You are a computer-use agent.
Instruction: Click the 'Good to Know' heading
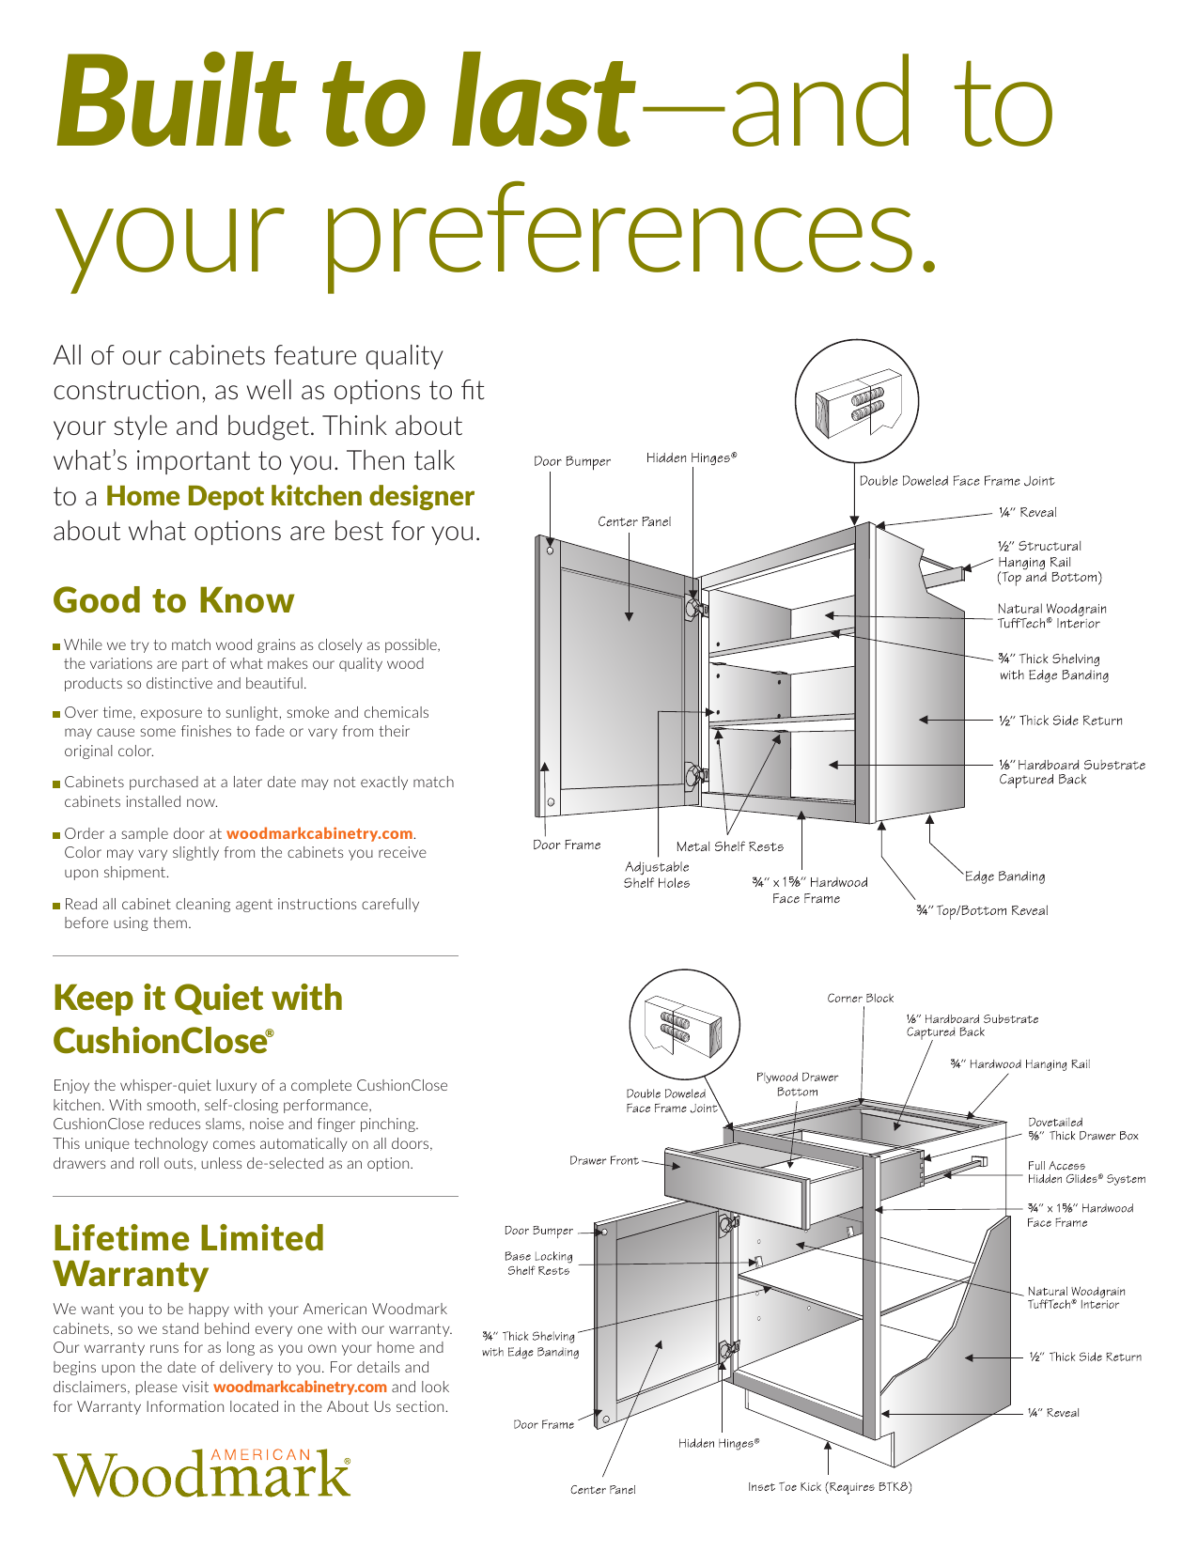tap(174, 601)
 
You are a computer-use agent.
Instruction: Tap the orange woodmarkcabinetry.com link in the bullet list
tap(319, 834)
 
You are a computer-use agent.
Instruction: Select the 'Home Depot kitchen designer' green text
tap(290, 496)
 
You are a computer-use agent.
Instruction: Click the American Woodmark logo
tap(202, 1472)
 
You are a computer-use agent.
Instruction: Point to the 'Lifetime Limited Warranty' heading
tap(188, 1256)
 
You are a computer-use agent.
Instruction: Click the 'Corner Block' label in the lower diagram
tap(860, 999)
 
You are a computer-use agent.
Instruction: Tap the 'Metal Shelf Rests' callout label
tap(729, 847)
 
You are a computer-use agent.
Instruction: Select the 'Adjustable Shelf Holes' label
tap(657, 876)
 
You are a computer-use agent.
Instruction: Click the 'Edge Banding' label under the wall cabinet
tap(1004, 876)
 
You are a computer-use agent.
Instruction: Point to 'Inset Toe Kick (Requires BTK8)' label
tap(830, 1487)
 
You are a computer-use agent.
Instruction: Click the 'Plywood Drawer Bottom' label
tap(797, 1084)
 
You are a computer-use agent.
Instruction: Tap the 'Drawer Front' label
tap(603, 1161)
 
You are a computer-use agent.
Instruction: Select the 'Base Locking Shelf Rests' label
tap(538, 1264)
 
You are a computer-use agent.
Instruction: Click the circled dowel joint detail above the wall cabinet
tap(857, 401)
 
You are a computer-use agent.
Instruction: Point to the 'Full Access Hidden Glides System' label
tap(1086, 1172)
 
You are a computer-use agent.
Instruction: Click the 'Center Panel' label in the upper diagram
tap(634, 522)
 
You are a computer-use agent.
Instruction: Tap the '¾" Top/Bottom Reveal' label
tap(982, 911)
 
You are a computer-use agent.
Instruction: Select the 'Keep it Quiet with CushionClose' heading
tap(197, 1019)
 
